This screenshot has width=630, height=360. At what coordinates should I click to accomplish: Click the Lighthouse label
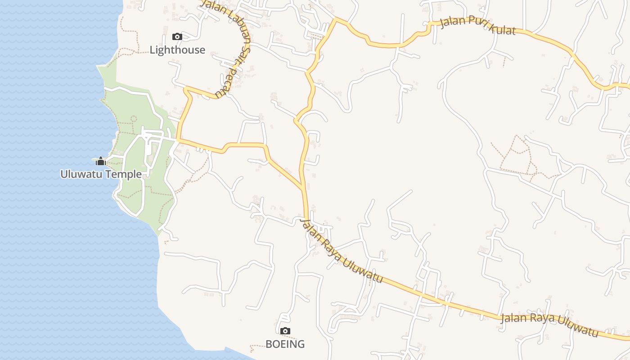(177, 50)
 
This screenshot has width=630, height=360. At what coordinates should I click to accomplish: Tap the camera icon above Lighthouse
(177, 36)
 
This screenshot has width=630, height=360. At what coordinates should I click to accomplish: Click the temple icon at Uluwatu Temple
(101, 161)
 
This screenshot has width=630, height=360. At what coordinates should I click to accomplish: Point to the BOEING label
(285, 344)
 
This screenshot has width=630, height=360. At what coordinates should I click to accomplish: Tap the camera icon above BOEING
(285, 331)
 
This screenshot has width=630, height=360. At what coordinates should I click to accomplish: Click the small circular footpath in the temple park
(133, 119)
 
